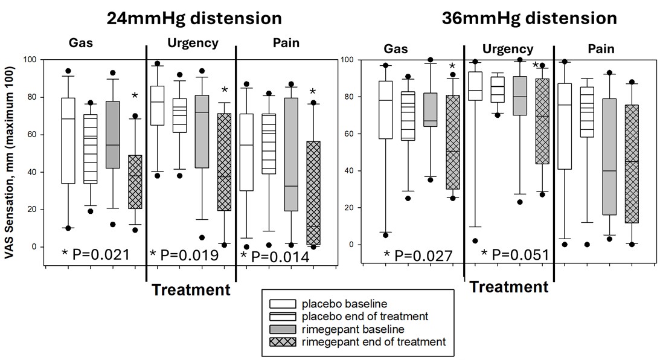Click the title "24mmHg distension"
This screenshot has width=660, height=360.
pyautogui.click(x=185, y=17)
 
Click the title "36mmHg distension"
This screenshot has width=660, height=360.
pyautogui.click(x=529, y=18)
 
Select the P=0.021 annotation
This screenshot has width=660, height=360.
pyautogui.click(x=96, y=255)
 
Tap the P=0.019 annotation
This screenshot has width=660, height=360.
pyautogui.click(x=184, y=256)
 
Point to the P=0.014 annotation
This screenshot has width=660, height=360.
pyautogui.click(x=275, y=257)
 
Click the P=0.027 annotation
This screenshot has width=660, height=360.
pyautogui.click(x=418, y=256)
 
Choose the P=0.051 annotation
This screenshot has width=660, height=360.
pyautogui.click(x=515, y=255)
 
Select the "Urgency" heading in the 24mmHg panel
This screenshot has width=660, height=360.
pyautogui.click(x=184, y=43)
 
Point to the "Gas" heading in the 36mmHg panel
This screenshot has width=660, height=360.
pyautogui.click(x=396, y=49)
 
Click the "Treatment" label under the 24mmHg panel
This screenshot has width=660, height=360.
pyautogui.click(x=191, y=290)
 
